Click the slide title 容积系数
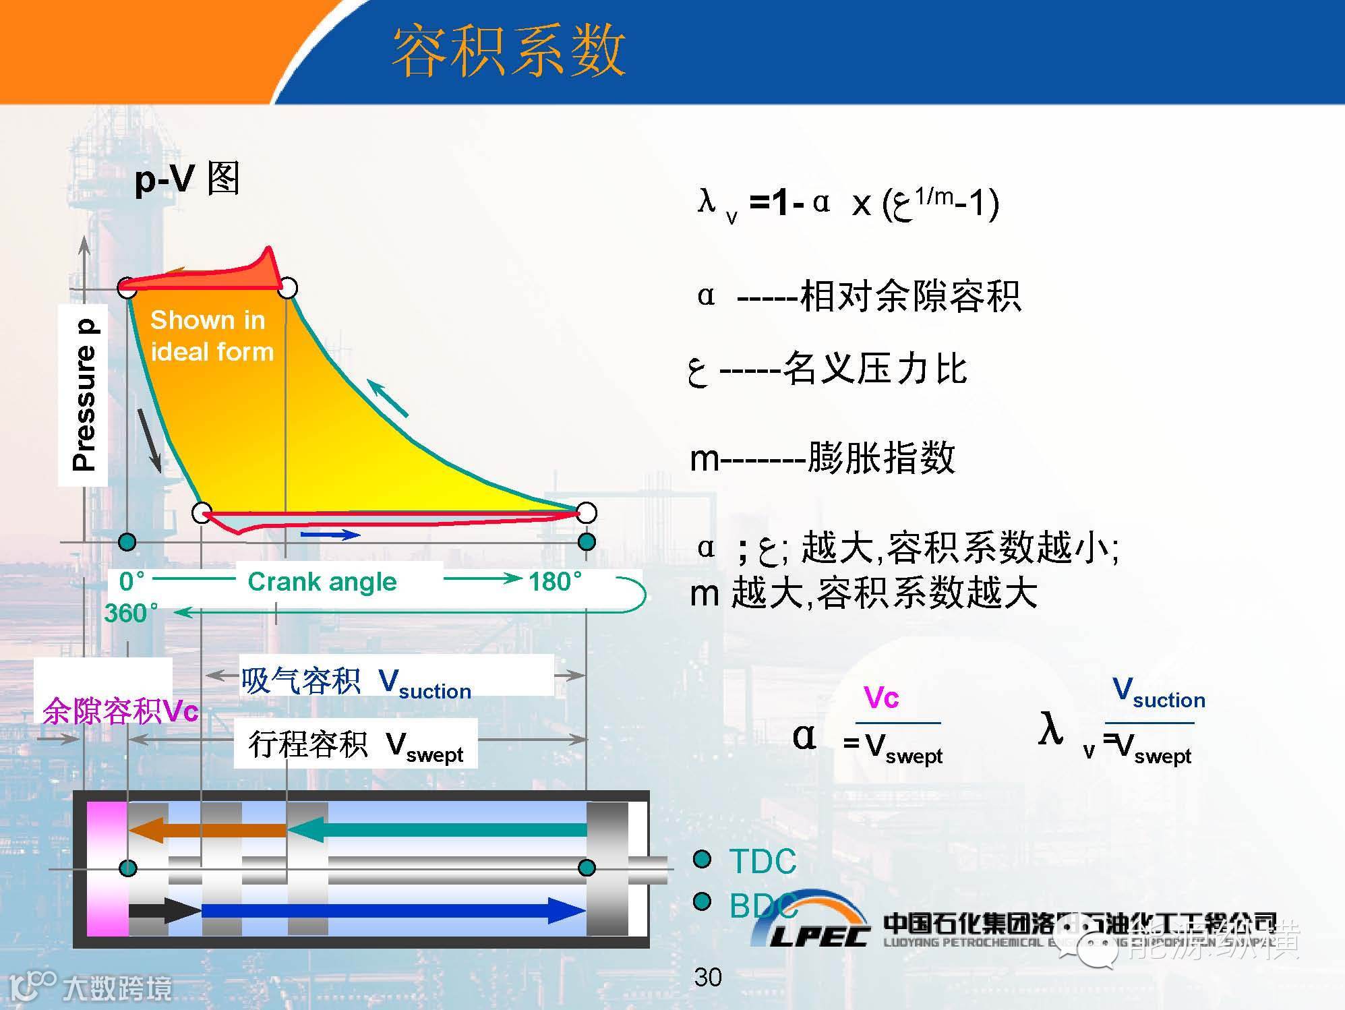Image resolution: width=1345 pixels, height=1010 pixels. [509, 51]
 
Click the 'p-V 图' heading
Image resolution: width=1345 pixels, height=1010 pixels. [187, 179]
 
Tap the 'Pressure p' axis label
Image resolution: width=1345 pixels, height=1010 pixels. [84, 395]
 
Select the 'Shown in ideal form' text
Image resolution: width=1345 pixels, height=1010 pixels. [211, 336]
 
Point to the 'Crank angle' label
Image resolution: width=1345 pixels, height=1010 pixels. [322, 581]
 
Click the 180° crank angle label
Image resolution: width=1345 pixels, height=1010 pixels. [555, 581]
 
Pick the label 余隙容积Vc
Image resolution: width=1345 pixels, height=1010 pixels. [121, 711]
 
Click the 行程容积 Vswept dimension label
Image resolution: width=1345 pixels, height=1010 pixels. [356, 745]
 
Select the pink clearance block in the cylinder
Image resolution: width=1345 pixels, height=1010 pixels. [107, 868]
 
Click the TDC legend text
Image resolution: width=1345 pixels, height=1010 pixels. [763, 861]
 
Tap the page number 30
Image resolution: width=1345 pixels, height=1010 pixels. [708, 977]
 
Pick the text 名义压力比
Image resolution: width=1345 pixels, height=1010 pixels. [875, 369]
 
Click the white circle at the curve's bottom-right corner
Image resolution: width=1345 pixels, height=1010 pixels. [587, 512]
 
